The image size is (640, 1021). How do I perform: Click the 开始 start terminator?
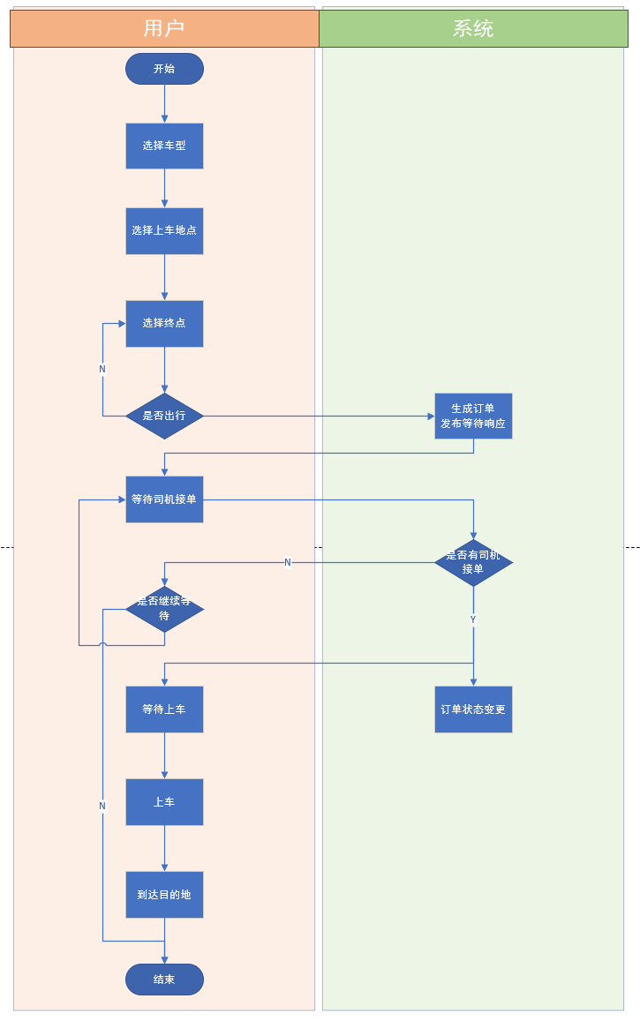(164, 69)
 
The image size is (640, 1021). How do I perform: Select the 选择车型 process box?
(164, 146)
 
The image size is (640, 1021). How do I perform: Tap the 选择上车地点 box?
(164, 230)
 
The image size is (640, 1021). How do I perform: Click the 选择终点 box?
(164, 324)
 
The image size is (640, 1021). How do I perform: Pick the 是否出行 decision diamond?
(164, 417)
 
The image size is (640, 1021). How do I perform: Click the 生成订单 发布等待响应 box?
(473, 417)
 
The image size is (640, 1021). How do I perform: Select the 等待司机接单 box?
(164, 499)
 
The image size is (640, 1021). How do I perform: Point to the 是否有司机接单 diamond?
(473, 563)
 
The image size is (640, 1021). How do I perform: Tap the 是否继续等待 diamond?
(164, 610)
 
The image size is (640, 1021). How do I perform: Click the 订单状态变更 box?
(473, 709)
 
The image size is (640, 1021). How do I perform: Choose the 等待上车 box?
(164, 709)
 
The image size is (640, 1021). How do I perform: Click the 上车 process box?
(164, 802)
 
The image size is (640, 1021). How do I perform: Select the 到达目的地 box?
(164, 895)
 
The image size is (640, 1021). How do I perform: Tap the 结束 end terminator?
(164, 980)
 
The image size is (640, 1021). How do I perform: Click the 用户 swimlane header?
(164, 28)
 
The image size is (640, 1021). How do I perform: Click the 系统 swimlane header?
(473, 28)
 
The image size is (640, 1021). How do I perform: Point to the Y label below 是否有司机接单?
(473, 619)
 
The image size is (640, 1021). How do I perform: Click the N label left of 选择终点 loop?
(102, 369)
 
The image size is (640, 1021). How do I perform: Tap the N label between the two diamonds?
(288, 563)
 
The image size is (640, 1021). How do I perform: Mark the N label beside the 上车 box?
(102, 806)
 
